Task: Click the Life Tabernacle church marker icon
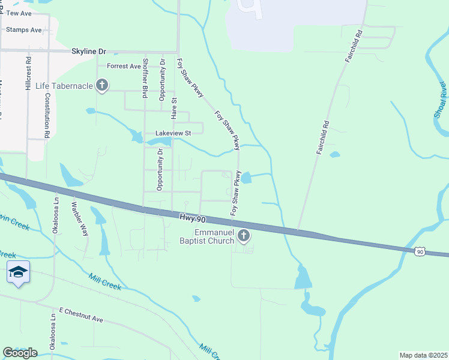pyautogui.click(x=102, y=86)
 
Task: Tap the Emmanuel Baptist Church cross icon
pyautogui.click(x=244, y=236)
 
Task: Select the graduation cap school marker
pyautogui.click(x=18, y=272)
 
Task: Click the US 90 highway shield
pyautogui.click(x=420, y=251)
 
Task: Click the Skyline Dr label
pyautogui.click(x=88, y=52)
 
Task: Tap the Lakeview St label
pyautogui.click(x=173, y=133)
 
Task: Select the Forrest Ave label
pyautogui.click(x=124, y=66)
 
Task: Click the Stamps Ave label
pyautogui.click(x=24, y=29)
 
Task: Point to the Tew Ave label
pyautogui.click(x=19, y=13)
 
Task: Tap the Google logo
pyautogui.click(x=20, y=353)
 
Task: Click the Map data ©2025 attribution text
pyautogui.click(x=423, y=355)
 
